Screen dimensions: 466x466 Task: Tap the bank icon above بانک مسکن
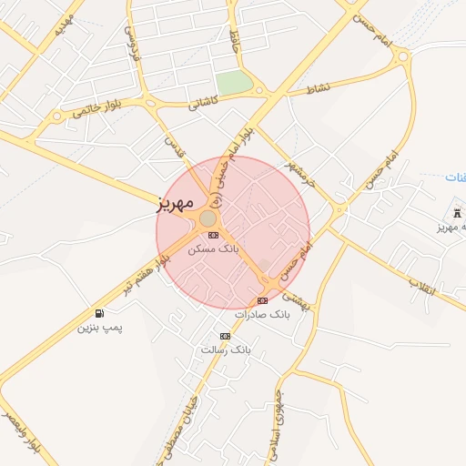click(213, 235)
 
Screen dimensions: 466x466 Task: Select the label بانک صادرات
click(261, 314)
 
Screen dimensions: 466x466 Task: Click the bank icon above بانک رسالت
click(225, 337)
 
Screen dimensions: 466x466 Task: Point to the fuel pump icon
click(98, 313)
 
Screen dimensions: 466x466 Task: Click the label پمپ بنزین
click(99, 326)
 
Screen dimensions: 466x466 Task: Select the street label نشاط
click(318, 89)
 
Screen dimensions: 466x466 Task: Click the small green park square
click(234, 83)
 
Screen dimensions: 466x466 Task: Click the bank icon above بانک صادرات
click(262, 300)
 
